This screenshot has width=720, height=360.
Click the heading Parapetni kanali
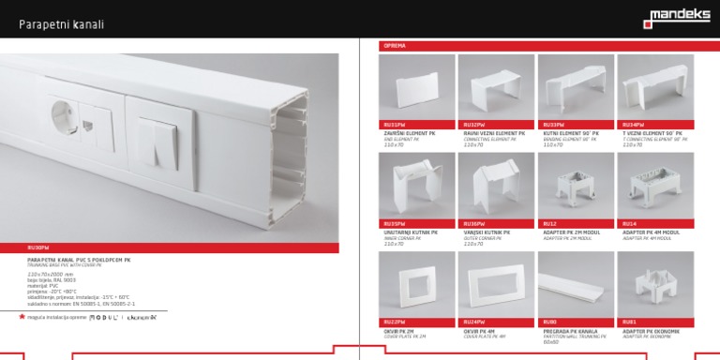(x=62, y=24)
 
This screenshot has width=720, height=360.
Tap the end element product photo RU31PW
(x=416, y=87)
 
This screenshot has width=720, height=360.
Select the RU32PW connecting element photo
(x=496, y=87)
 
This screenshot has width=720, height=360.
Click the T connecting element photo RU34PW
(x=654, y=87)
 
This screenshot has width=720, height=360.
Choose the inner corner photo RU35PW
(x=416, y=185)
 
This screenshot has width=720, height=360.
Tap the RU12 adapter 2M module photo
(x=576, y=185)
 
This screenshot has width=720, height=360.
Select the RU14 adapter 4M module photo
(x=654, y=185)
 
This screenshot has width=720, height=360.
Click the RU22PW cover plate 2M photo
(x=416, y=283)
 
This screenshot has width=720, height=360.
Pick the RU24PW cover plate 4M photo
(x=496, y=283)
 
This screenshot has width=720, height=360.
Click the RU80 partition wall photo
(x=576, y=283)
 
